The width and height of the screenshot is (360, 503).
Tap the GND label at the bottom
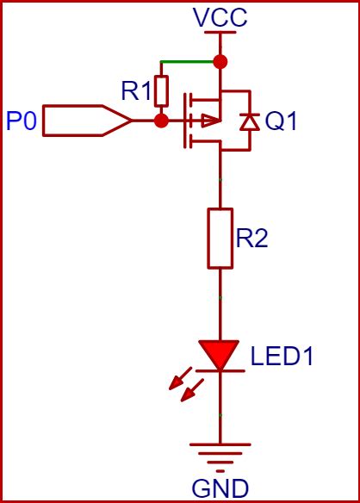221,488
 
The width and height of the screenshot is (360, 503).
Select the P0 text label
21,121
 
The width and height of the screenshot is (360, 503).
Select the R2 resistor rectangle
221,237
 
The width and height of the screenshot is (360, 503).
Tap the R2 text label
251,239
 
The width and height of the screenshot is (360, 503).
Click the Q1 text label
281,121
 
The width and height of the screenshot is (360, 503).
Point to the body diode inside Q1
249,121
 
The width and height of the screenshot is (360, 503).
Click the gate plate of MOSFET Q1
183,121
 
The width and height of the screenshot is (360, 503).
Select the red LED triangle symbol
220,354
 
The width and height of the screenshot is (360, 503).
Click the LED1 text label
282,356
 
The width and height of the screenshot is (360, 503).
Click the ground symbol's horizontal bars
221,453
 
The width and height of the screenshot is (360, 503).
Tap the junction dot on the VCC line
220,61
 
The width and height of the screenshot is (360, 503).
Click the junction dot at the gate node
161,121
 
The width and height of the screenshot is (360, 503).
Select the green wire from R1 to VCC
189,61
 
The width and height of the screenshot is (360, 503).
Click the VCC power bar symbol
220,34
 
